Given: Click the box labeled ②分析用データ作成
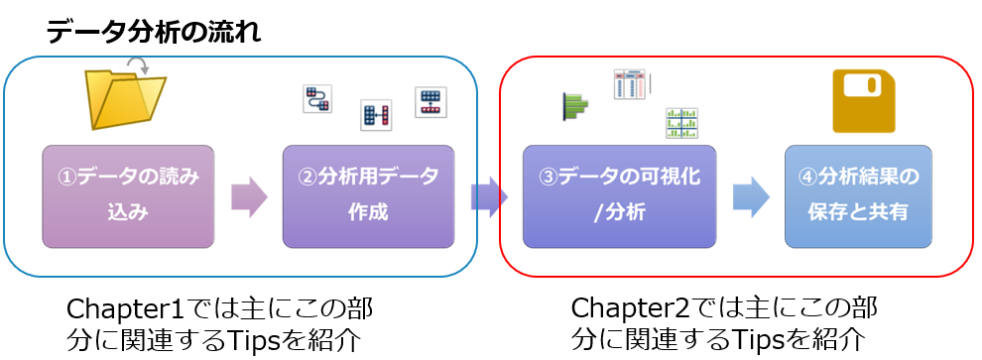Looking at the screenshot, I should pos(368,196).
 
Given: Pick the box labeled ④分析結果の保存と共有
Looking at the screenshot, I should pos(859,196).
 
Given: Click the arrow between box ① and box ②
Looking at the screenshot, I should pos(248,196).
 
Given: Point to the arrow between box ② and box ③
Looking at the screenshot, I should pos(490,196).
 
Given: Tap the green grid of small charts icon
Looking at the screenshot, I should pos(681,123).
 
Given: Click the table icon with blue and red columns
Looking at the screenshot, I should pos(630,84).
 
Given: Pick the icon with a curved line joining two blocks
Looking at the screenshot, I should pos(316,99).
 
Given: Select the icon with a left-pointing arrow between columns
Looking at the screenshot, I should pos(375,116).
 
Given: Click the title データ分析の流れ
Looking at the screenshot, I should pos(154,34).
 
